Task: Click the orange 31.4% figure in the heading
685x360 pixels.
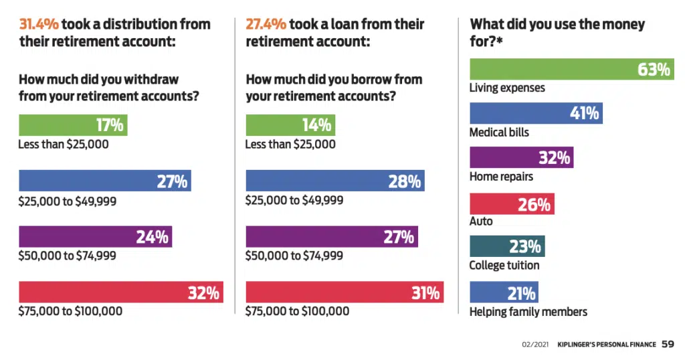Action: (x=39, y=25)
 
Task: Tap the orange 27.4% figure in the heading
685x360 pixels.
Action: (x=266, y=25)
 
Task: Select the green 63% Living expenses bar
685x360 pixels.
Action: (x=571, y=70)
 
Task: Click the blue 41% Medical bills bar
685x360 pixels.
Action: (x=536, y=113)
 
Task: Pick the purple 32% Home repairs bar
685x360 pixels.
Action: (x=521, y=158)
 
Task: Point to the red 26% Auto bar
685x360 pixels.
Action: (x=512, y=204)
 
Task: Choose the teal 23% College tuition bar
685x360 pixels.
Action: (x=507, y=247)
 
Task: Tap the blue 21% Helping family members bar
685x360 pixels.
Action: (x=504, y=292)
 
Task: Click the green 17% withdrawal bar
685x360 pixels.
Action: (x=73, y=125)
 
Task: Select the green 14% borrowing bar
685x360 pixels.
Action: (x=290, y=125)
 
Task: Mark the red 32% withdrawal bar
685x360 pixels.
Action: (x=121, y=292)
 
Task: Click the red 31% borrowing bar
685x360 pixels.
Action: (x=345, y=292)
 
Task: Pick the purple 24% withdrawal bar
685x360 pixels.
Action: (x=95, y=237)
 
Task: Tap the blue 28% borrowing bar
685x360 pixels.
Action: (x=335, y=181)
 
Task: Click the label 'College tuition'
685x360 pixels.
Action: (x=504, y=266)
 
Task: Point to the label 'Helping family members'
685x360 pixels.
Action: (x=528, y=312)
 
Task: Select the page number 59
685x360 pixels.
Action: (x=668, y=345)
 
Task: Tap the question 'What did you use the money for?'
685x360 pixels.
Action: (x=557, y=32)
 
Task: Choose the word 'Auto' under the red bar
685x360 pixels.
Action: (x=481, y=221)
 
